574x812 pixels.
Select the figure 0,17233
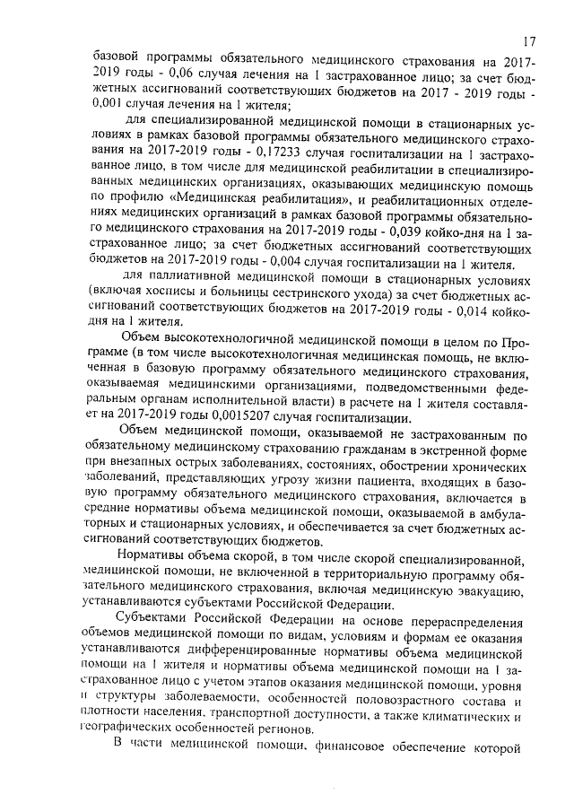tap(283, 151)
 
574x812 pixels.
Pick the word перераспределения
tap(457, 621)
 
